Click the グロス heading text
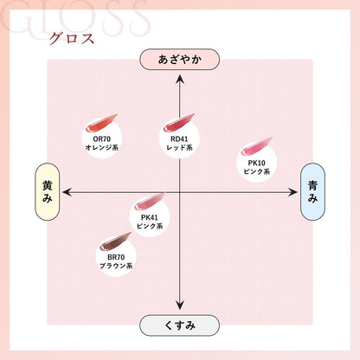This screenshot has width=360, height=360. click(72, 39)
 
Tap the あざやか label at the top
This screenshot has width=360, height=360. click(179, 60)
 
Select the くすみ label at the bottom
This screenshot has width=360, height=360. click(179, 325)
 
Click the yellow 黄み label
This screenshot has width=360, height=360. click(48, 192)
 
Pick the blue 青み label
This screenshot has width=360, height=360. click(312, 192)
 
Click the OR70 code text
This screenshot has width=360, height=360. click(102, 139)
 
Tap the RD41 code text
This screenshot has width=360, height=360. click(179, 139)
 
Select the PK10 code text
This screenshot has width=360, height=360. click(257, 163)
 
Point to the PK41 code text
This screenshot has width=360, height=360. click(150, 217)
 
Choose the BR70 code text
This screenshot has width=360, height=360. click(116, 257)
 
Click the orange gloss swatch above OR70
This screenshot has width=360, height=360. click(101, 123)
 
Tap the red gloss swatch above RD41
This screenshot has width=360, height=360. click(179, 123)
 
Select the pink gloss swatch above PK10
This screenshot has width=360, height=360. click(256, 147)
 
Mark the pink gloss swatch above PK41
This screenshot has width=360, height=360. click(150, 202)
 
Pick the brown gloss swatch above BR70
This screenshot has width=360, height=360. click(115, 241)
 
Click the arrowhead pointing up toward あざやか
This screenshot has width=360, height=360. click(180, 79)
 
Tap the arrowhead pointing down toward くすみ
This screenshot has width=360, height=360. click(180, 305)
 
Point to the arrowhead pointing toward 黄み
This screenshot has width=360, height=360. click(67, 192)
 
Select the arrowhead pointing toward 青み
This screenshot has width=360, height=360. click(293, 192)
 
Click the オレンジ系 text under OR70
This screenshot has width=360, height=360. click(102, 148)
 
